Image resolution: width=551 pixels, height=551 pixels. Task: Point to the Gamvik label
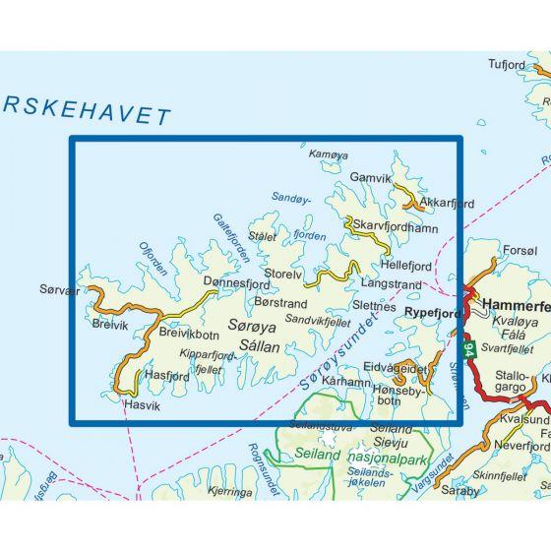371,179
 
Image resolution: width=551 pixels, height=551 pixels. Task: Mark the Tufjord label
509,65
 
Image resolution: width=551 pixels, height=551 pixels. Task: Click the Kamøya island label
329,155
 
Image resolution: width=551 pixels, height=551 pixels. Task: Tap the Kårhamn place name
345,380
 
